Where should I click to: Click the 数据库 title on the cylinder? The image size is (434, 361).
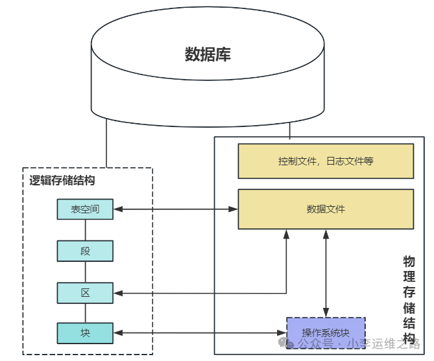coord(208,54)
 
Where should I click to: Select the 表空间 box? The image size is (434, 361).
coord(85,209)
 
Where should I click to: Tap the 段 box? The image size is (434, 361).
coord(85,251)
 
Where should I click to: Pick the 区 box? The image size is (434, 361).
coord(85,293)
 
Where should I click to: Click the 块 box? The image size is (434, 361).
coord(85,333)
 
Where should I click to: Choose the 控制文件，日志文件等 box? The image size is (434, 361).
coord(326,161)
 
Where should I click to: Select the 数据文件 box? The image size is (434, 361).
coord(326,209)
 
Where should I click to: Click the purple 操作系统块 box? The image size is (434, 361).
coord(326,333)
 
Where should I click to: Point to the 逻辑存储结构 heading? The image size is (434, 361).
coord(62,180)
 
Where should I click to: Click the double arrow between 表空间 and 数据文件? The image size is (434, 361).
coord(175,209)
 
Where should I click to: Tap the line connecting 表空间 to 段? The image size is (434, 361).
coord(85,229)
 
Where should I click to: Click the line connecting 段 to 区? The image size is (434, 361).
coord(85,272)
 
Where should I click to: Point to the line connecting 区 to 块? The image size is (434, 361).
coord(85,313)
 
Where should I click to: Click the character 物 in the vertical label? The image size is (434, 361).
coord(409,262)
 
